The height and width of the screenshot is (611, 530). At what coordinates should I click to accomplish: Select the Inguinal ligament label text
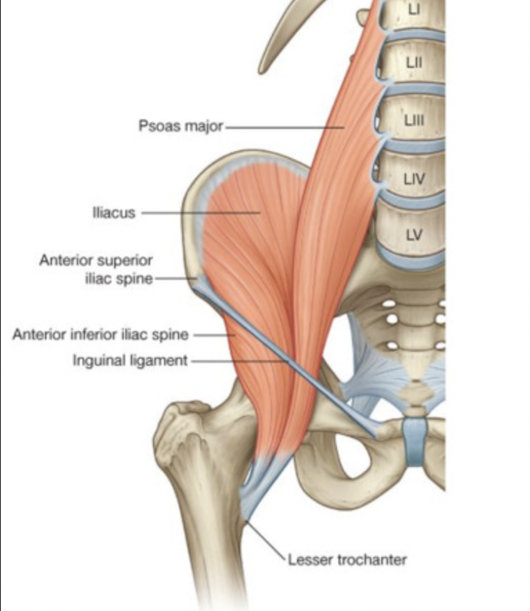click(x=130, y=361)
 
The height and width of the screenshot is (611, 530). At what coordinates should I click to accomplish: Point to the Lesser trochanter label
click(x=347, y=559)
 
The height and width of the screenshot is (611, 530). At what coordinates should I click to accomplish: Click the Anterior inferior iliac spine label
click(x=100, y=335)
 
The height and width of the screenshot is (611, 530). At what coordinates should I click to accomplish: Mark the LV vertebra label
click(x=414, y=234)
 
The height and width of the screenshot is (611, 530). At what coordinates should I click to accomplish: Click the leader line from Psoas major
click(x=284, y=127)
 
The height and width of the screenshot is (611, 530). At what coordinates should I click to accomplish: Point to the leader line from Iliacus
click(x=201, y=213)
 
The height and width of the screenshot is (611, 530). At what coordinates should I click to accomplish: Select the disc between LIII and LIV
click(x=415, y=145)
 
